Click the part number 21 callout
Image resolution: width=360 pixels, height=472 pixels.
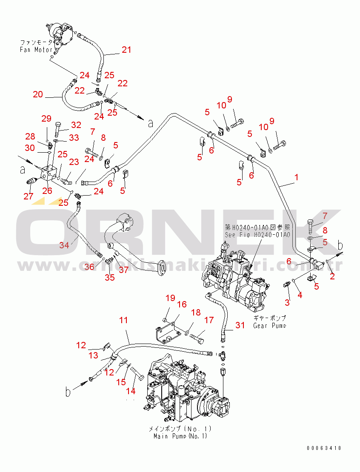[126, 50]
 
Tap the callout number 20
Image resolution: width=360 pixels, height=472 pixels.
[38, 94]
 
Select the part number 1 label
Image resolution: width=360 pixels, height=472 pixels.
[297, 177]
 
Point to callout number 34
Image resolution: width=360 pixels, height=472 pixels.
[64, 245]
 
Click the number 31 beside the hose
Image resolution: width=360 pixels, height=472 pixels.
[240, 325]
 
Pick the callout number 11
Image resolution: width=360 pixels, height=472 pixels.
[123, 320]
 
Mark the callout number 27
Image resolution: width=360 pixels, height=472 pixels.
[29, 196]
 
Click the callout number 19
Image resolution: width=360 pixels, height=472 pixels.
[170, 298]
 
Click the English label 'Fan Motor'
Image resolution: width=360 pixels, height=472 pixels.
[37, 50]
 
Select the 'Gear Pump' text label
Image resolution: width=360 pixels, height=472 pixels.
[269, 326]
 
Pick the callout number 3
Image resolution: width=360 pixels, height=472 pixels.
[287, 302]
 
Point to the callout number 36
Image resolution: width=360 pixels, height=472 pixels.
[89, 267]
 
